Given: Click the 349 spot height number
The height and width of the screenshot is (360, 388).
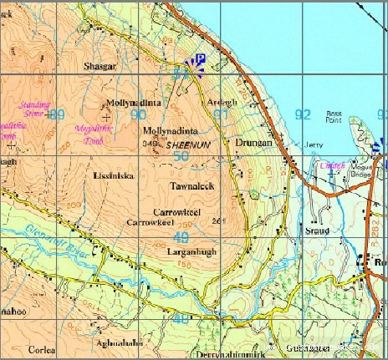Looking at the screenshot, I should pos(151,145).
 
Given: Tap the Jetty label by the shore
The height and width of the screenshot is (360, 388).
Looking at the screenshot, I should pos(313,145).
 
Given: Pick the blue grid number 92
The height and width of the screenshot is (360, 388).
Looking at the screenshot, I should pos(303,114).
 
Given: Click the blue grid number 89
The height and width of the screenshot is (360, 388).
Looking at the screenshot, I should pos(56,114).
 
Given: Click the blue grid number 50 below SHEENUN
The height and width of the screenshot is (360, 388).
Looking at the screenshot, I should pos(181,157).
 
